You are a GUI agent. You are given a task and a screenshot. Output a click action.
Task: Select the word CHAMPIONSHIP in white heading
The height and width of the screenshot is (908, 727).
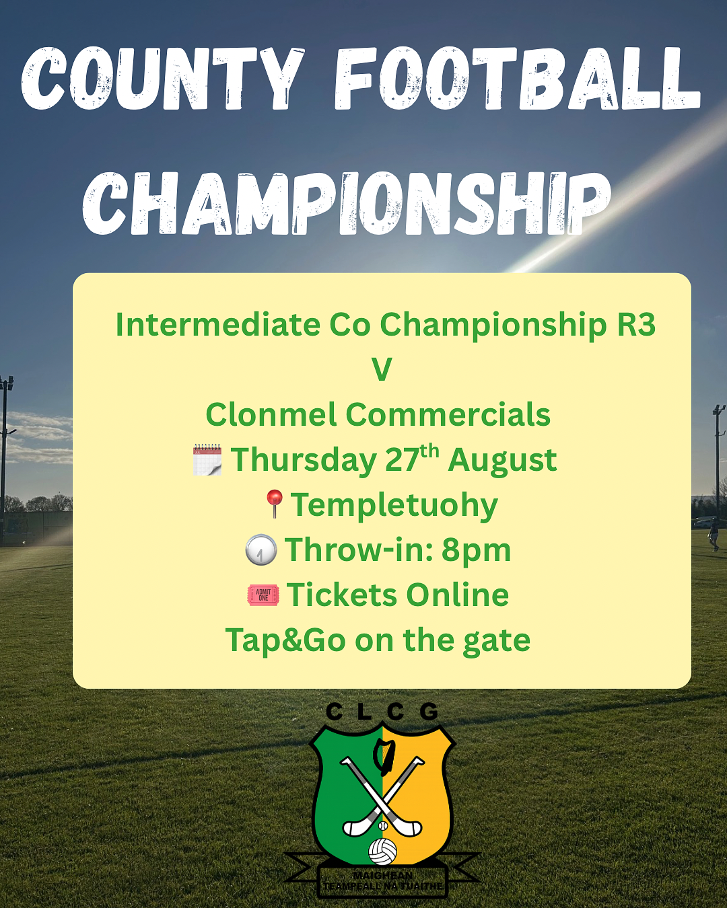tap(347, 203)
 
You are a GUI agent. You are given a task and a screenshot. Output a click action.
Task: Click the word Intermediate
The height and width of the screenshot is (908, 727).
tap(218, 324)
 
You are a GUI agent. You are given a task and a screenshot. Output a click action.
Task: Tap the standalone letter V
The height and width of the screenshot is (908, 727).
tap(382, 370)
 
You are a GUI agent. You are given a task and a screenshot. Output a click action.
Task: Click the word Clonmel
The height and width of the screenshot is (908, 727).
tap(271, 414)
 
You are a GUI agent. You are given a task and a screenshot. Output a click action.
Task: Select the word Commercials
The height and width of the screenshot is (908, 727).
tap(448, 414)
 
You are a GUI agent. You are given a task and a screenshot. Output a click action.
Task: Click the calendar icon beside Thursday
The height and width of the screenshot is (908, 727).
tap(207, 459)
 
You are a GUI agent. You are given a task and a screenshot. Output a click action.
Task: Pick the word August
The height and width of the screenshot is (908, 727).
tap(502, 461)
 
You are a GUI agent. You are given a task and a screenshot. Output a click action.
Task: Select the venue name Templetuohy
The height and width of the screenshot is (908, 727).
tap(394, 506)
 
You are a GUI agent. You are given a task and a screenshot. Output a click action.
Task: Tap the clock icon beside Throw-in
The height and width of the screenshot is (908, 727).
tap(261, 550)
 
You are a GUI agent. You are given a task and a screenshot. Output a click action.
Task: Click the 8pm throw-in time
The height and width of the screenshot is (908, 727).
tap(476, 551)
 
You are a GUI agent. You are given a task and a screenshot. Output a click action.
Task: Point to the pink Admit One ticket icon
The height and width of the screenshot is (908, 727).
tap(263, 595)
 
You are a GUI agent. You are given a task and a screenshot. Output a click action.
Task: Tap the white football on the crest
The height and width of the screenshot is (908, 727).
tap(383, 852)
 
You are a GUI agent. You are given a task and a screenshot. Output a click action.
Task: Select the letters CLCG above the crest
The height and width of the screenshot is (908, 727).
tap(382, 713)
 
